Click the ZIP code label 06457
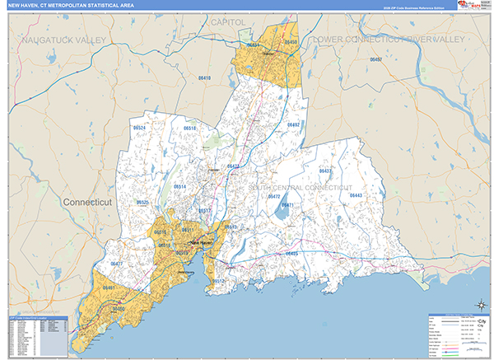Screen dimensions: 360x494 coord(376,60)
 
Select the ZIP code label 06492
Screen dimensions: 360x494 coord(293,125)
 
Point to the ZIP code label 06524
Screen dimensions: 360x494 coord(139,129)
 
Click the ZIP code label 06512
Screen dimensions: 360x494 coord(217,281)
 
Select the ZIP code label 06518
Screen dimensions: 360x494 coord(189,129)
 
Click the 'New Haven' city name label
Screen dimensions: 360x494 coord(201,243)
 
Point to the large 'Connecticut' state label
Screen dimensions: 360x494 coord(93,201)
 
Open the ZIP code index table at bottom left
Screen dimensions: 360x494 coord(38,333)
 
